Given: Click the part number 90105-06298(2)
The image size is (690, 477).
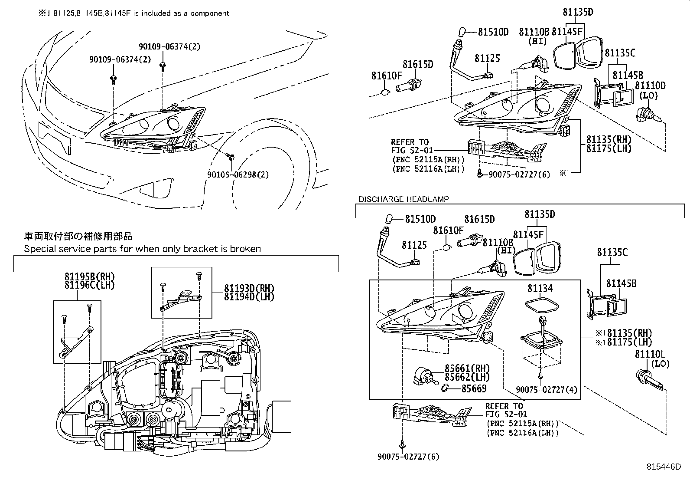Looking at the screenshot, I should point(238,174).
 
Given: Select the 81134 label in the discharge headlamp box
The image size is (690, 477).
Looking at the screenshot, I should point(540,288).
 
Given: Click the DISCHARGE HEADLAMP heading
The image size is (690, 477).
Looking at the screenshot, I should point(404,199).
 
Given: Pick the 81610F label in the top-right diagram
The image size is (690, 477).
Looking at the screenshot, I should point(387,76).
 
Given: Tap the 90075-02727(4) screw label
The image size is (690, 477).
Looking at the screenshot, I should point(547,390).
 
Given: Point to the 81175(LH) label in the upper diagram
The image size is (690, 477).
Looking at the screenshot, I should point(609,148).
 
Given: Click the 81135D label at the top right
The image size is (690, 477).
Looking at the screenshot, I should point(578,13).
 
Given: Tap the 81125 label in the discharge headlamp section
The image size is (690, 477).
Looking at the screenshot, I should point(414,245).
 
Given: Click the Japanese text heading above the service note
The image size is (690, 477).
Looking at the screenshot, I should point(78,237).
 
